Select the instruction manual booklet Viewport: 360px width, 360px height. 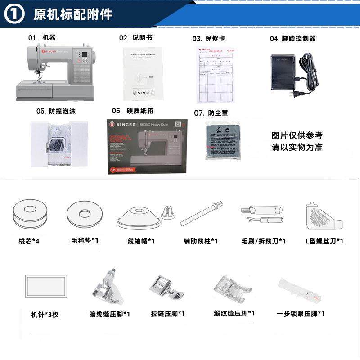point(142,74)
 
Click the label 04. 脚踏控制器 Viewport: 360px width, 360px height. point(292,39)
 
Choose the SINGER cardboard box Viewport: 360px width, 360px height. point(148,147)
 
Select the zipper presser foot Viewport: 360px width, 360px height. point(166,287)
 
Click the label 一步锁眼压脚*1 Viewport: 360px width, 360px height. point(300,314)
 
